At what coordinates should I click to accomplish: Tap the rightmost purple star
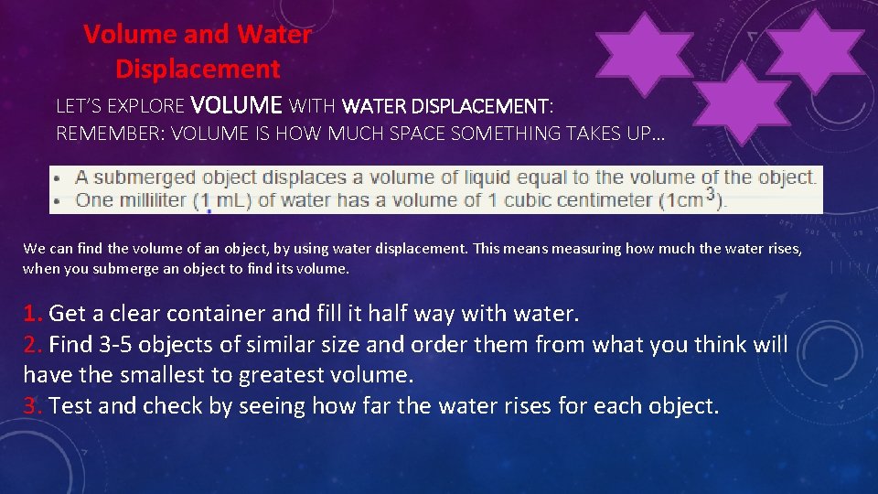tap(813, 53)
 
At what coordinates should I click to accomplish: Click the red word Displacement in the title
tap(198, 69)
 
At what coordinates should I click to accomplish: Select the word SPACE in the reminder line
tap(400, 134)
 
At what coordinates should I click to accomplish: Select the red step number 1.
tap(32, 315)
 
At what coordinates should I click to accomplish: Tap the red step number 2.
tap(32, 345)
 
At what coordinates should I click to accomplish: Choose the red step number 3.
tap(32, 405)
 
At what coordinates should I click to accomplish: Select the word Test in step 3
tap(70, 405)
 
